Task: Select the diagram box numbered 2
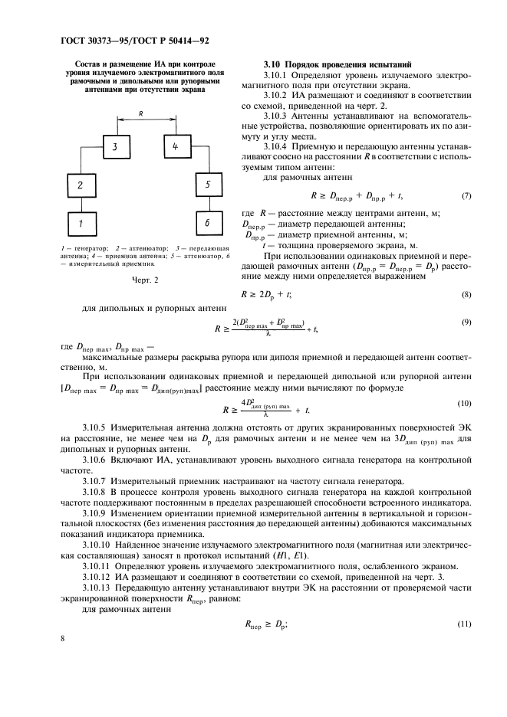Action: (78, 185)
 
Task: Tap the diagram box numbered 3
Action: (113, 146)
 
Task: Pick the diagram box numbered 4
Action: (174, 146)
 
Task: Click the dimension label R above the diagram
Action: (143, 113)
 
